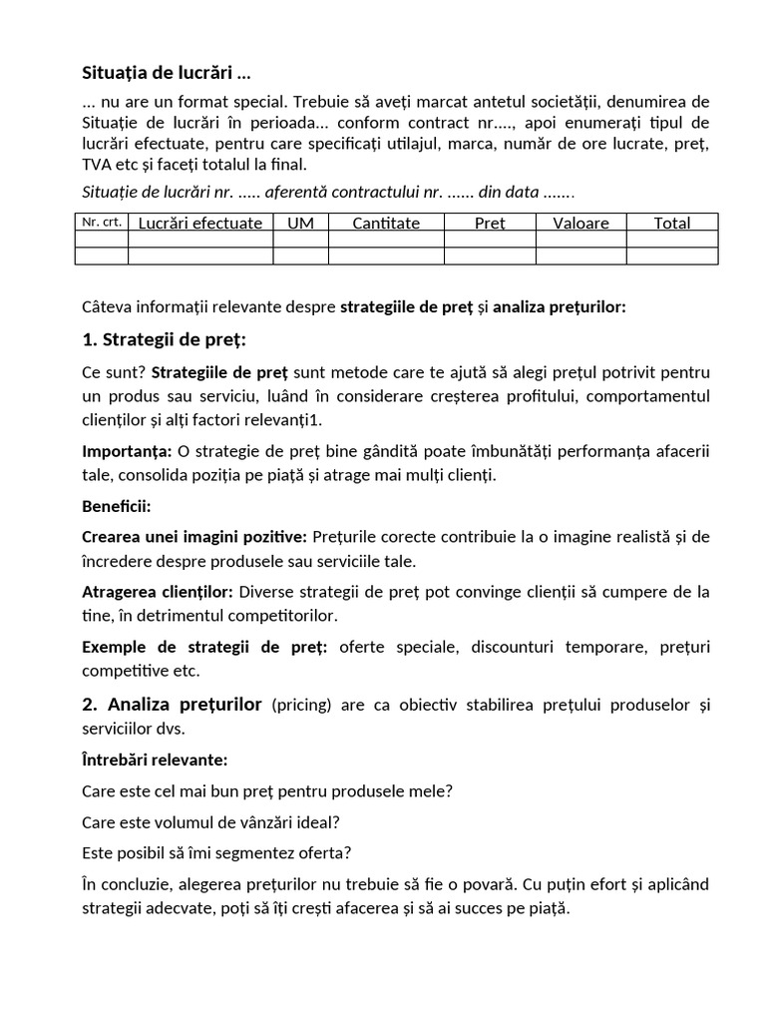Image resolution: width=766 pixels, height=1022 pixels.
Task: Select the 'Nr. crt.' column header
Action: [101, 223]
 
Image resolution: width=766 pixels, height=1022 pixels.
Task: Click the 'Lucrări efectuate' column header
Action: [200, 224]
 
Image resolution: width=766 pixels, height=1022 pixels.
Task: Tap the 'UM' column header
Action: [300, 224]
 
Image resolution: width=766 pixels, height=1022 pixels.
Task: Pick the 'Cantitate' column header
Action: [386, 224]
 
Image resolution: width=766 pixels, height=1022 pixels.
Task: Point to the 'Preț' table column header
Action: [490, 224]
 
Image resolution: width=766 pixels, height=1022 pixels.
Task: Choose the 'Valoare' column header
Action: [580, 224]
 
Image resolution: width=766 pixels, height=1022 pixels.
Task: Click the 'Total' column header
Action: [672, 224]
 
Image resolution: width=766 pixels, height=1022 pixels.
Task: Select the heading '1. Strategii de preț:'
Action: [164, 340]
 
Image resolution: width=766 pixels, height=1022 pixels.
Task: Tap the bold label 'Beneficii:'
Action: [116, 506]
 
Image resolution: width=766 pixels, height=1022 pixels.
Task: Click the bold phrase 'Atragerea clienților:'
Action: [158, 592]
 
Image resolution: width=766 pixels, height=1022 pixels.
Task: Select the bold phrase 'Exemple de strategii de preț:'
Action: [204, 647]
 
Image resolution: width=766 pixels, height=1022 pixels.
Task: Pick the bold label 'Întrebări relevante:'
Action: [155, 761]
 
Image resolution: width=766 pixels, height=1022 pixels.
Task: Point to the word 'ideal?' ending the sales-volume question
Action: [333, 823]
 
